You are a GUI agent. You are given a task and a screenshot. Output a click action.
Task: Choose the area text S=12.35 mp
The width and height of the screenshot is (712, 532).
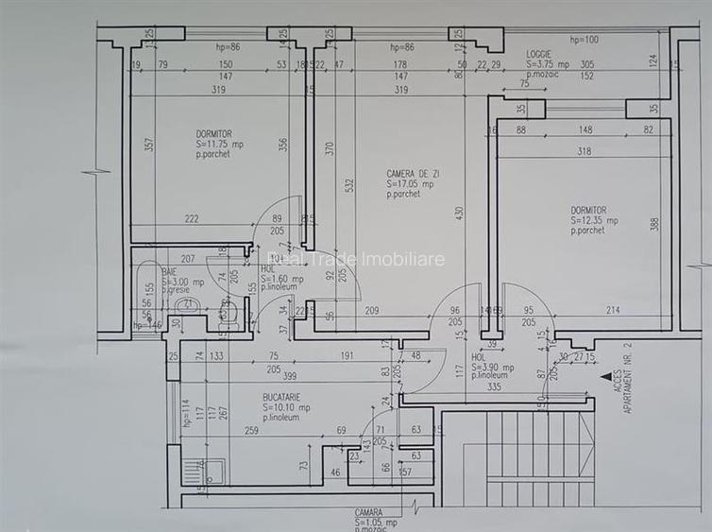594,220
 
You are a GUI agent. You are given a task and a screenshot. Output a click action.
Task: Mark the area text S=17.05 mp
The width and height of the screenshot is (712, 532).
411,184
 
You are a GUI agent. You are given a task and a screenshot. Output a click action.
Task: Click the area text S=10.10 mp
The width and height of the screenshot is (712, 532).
286,407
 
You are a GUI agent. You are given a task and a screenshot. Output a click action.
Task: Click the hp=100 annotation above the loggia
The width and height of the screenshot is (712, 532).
584,40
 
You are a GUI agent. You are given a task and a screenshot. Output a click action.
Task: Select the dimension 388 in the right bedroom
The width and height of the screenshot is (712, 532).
653,223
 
